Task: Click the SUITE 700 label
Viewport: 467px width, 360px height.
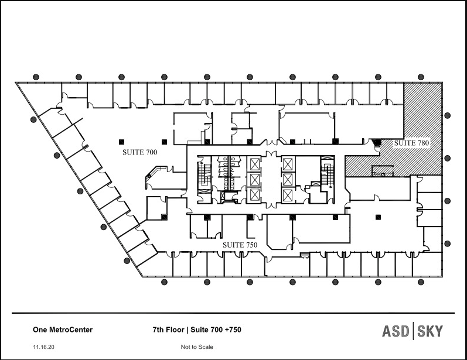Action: [140, 152]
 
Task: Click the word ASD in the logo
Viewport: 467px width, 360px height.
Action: [397, 331]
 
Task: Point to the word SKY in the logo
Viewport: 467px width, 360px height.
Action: [429, 331]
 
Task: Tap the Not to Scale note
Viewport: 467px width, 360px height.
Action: [197, 347]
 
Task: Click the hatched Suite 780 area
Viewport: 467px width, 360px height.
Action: [423, 117]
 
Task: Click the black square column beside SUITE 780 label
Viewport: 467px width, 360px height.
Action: [377, 142]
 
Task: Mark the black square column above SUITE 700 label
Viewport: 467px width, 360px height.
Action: [122, 141]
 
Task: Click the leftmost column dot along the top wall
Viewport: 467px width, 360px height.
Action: [36, 77]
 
